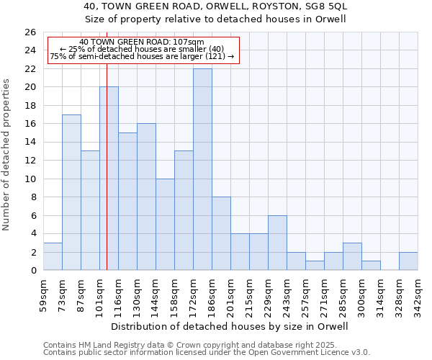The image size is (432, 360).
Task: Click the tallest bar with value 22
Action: (202, 169)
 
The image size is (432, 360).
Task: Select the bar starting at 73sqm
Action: (71, 192)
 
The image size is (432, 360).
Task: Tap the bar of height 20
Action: (109, 179)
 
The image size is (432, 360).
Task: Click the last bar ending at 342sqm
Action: (408, 261)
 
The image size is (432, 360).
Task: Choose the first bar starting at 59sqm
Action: (53, 257)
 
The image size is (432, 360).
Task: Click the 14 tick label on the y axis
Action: (31, 143)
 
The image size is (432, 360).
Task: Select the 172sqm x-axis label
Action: (193, 295)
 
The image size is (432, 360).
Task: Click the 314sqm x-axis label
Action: (380, 295)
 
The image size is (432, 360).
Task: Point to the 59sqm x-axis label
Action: (43, 295)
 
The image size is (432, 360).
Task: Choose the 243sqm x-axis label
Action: (287, 295)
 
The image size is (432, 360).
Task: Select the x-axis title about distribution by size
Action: (230, 326)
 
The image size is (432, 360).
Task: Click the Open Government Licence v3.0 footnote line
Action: (207, 353)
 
